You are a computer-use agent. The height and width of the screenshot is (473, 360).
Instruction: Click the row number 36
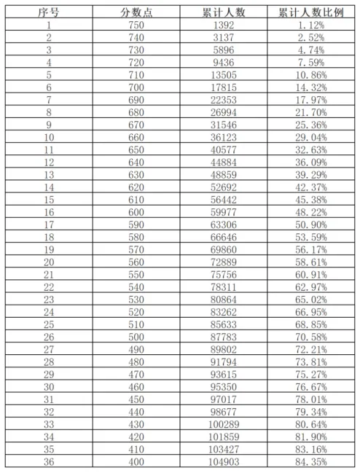48,461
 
